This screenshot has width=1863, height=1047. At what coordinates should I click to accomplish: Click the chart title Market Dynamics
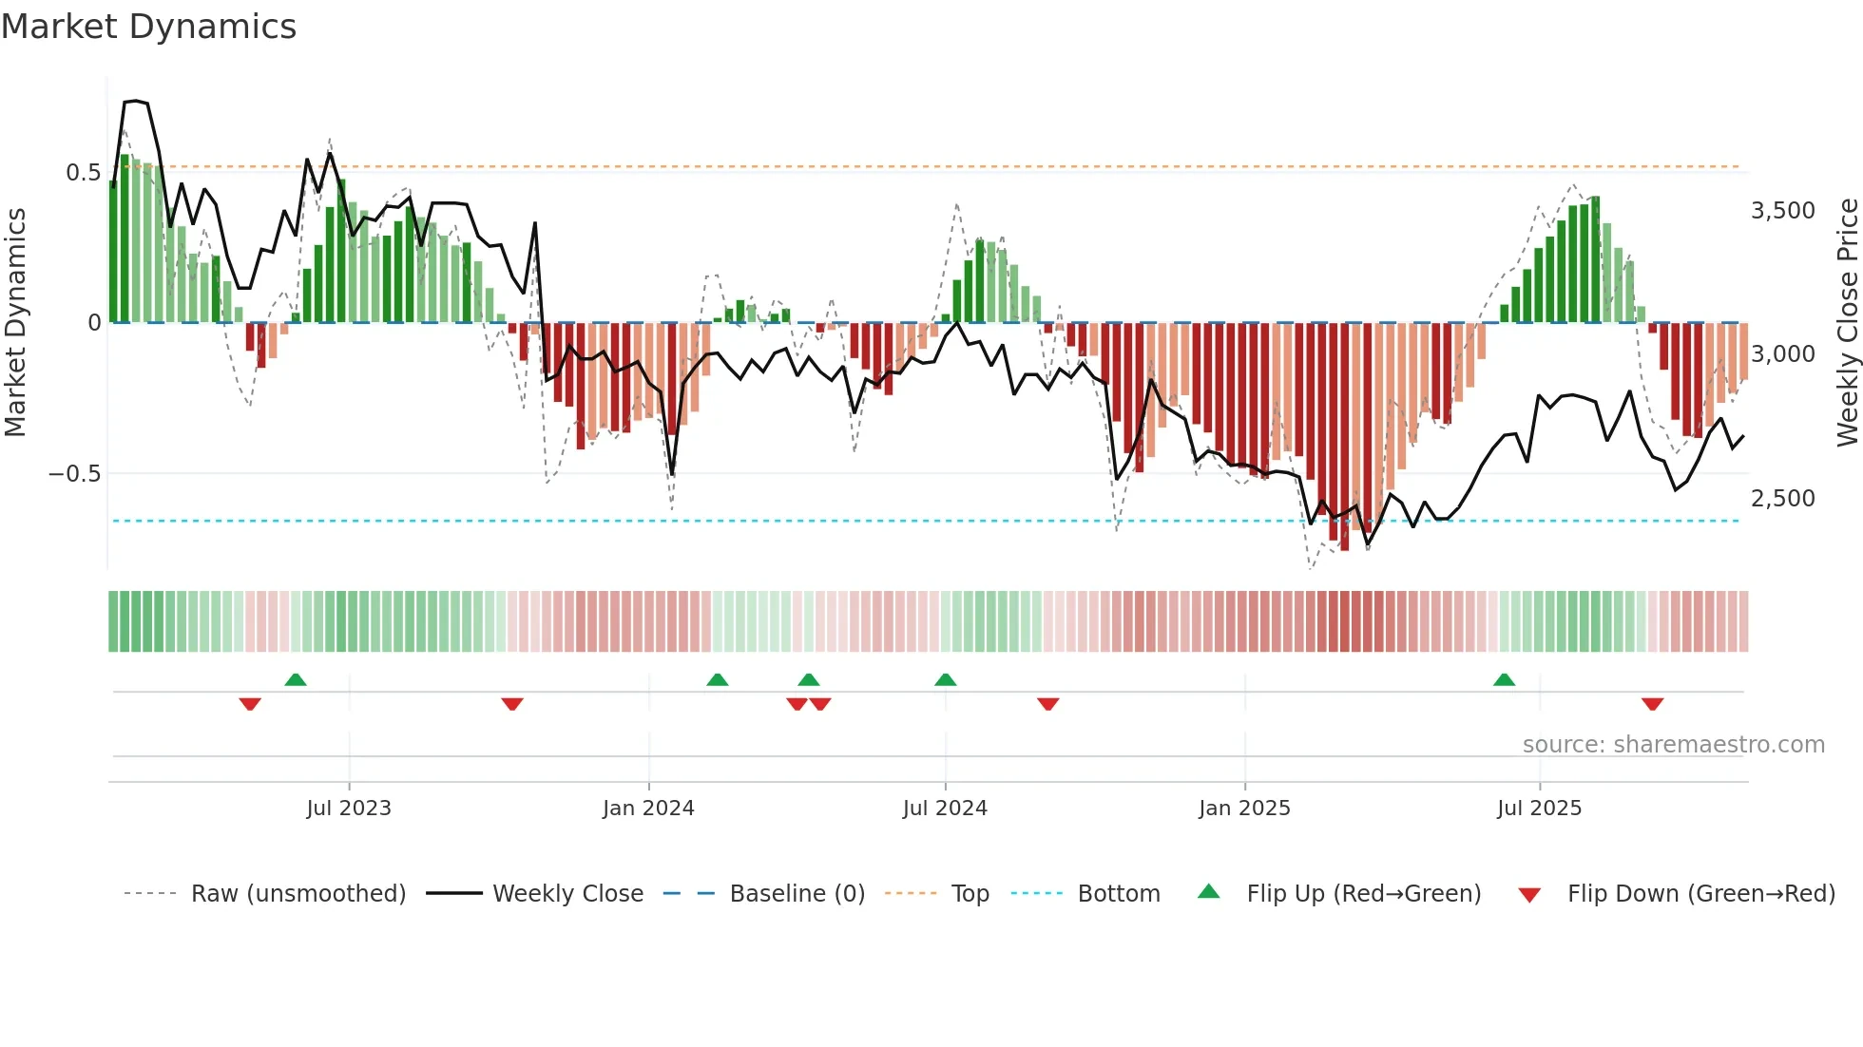coord(148,27)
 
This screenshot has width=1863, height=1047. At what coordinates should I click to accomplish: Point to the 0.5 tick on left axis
coord(83,172)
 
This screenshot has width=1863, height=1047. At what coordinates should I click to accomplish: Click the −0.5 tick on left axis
coord(75,473)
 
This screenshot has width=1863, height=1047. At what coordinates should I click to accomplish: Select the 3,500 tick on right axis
coord(1782,211)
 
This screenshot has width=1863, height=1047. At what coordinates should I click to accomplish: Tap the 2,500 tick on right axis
coord(1782,498)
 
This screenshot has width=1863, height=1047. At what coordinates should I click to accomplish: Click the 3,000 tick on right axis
coord(1782,354)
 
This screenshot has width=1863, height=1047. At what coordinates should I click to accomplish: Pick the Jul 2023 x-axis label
coord(349,808)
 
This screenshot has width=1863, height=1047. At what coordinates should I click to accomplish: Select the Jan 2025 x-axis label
coord(1244,808)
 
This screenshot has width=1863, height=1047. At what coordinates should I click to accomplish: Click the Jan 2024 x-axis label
coord(648,808)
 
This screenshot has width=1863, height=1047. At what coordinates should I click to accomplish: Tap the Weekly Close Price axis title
coord(1847,323)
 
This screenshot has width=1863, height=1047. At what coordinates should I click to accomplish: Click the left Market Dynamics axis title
coord(15,323)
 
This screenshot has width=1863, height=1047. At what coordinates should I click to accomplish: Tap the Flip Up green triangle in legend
coord(1208,891)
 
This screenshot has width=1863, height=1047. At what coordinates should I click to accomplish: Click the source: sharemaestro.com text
coord(1673,744)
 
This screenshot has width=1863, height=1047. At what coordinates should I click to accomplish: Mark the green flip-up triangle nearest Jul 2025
coord(1504,679)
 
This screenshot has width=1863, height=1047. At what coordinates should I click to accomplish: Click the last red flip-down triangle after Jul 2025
coord(1652,704)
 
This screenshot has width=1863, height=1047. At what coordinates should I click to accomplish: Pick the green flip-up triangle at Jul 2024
coord(945,679)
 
